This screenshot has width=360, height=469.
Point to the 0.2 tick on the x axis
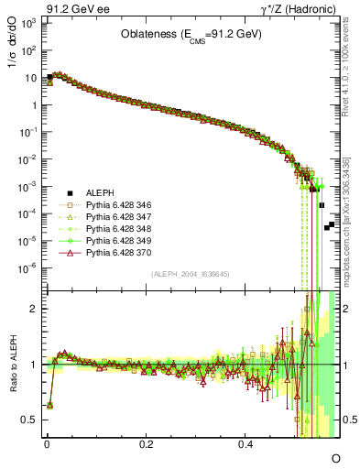[x=147, y=443]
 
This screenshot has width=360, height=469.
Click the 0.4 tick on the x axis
[x=246, y=443]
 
